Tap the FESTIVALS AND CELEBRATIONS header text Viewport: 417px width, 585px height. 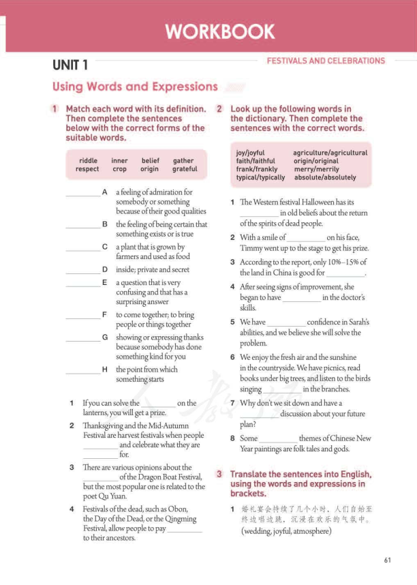(x=326, y=61)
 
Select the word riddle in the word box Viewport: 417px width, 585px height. (x=88, y=161)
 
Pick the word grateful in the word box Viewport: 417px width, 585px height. (x=185, y=169)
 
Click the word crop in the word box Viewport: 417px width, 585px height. (x=119, y=169)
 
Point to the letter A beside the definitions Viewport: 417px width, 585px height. (x=104, y=192)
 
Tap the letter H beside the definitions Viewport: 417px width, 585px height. (x=104, y=370)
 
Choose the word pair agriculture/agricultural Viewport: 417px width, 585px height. (x=330, y=153)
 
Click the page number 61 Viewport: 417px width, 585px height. (x=387, y=560)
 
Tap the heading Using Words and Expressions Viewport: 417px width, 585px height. (x=134, y=87)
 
